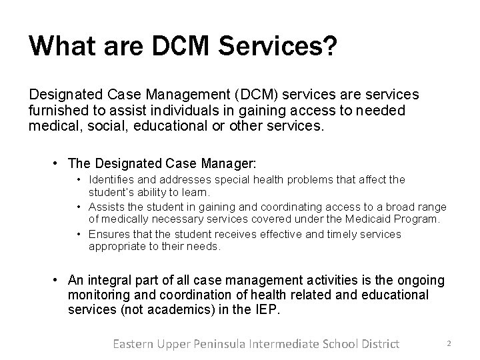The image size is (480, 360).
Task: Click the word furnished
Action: click(58, 111)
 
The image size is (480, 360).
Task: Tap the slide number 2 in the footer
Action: click(449, 343)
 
